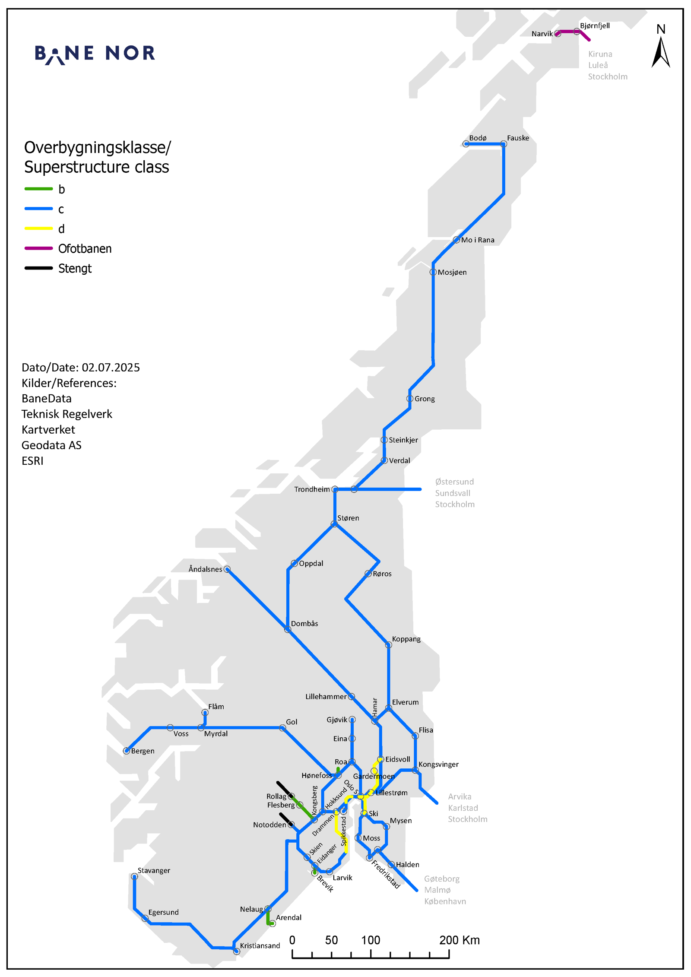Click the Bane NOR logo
[95, 54]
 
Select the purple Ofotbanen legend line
[38, 248]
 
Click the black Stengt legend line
[38, 268]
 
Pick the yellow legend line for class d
[38, 228]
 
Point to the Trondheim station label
[311, 489]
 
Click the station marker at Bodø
[466, 144]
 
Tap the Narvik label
[542, 34]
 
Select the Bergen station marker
[127, 751]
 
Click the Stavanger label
[154, 871]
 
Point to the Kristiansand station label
[260, 946]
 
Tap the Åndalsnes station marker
[227, 569]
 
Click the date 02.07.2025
[111, 368]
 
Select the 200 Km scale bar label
[459, 940]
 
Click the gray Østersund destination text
[454, 482]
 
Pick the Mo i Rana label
[477, 240]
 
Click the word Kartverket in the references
[48, 430]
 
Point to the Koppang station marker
[388, 645]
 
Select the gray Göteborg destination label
[441, 879]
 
